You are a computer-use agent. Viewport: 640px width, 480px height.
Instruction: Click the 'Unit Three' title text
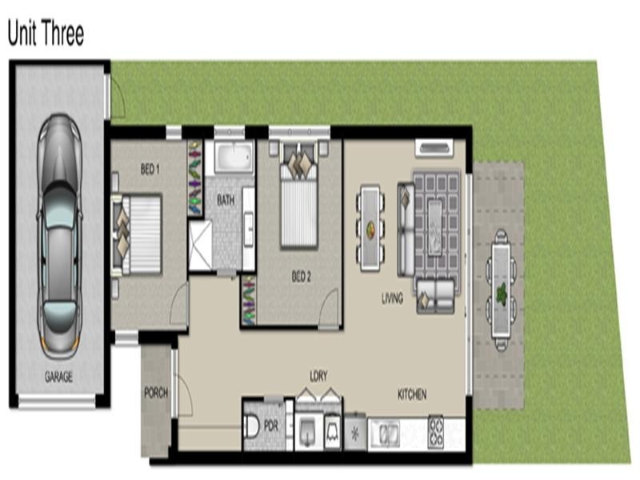pyautogui.click(x=46, y=34)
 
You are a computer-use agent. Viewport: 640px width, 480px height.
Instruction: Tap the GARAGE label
pyautogui.click(x=58, y=377)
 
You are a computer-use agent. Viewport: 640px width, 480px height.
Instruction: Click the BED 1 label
pyautogui.click(x=150, y=170)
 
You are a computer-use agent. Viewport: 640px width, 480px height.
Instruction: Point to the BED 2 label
pyautogui.click(x=301, y=277)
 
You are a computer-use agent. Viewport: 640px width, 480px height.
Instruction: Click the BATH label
pyautogui.click(x=226, y=201)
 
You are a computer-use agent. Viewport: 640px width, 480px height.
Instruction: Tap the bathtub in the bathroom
pyautogui.click(x=234, y=157)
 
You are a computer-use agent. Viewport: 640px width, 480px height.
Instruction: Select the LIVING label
pyautogui.click(x=392, y=298)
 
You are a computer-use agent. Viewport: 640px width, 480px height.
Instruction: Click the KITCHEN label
pyautogui.click(x=412, y=394)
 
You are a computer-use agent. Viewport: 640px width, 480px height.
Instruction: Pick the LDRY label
pyautogui.click(x=318, y=375)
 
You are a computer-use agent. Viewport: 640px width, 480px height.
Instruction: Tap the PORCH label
pyautogui.click(x=155, y=393)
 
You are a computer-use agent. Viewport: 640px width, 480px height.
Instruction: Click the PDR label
pyautogui.click(x=270, y=426)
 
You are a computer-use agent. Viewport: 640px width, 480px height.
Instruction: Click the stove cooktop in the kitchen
pyautogui.click(x=436, y=432)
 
